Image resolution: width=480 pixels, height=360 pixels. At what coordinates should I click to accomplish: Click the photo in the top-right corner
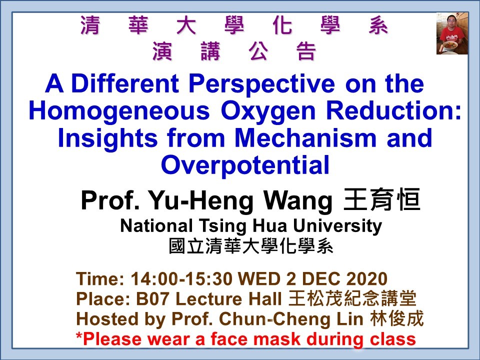click(452, 33)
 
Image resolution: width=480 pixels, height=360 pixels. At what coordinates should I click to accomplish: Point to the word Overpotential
click(245, 165)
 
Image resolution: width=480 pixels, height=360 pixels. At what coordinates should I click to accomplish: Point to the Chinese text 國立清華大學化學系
click(251, 247)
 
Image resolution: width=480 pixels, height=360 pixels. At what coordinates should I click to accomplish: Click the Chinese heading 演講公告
click(234, 51)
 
